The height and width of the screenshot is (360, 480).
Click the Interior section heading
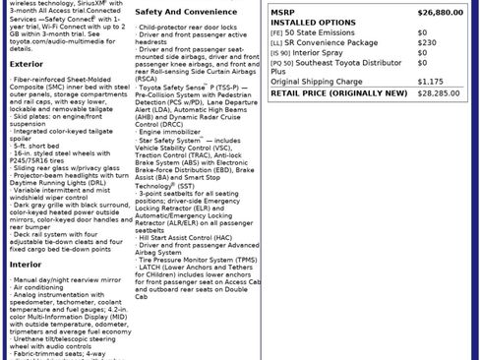coord(26,264)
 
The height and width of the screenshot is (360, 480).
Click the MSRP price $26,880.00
coord(440,12)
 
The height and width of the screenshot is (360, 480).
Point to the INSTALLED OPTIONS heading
coord(313,22)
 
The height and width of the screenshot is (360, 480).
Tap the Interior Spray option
coord(325,53)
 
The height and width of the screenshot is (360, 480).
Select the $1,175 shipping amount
coord(430,82)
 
